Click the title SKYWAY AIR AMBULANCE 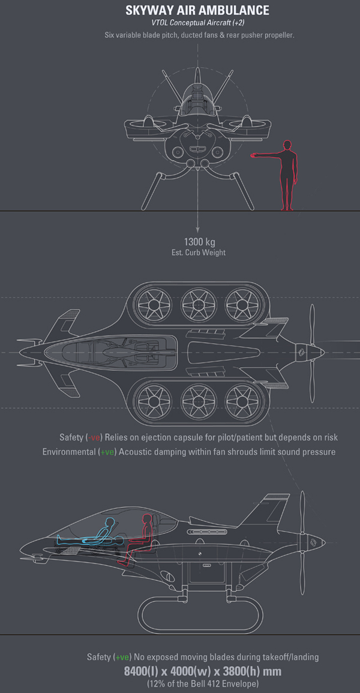click(197, 11)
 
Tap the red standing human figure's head click(287, 145)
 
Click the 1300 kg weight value click(197, 242)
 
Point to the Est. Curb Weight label click(197, 253)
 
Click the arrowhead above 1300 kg click(197, 229)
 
